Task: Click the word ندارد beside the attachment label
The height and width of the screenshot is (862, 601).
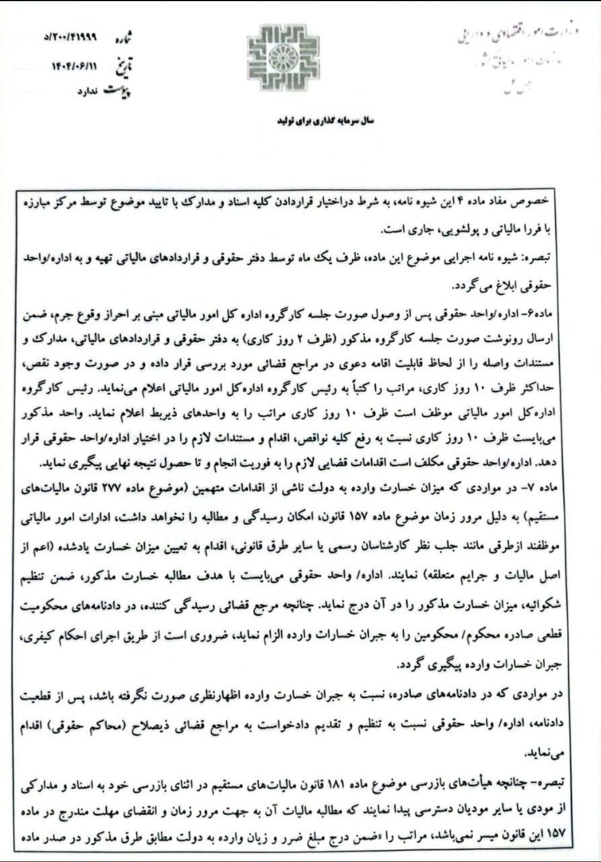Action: click(x=89, y=92)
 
